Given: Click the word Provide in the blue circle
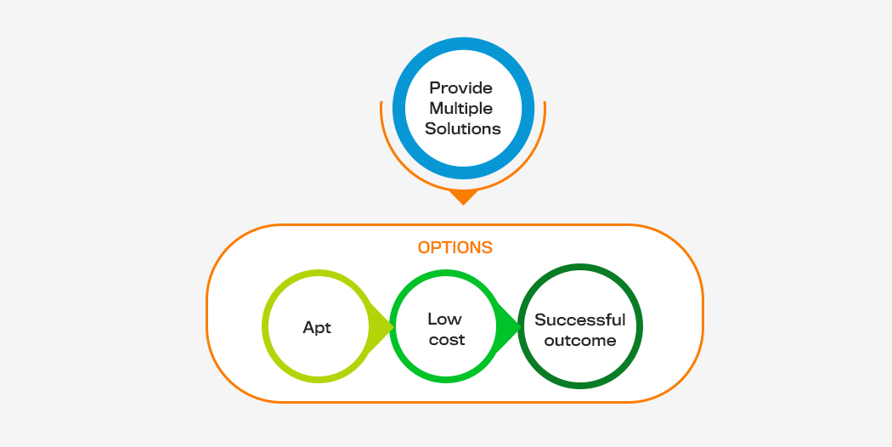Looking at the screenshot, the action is (x=460, y=88).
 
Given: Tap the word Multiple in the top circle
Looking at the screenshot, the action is (x=460, y=109).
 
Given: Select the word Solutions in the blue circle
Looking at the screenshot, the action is (x=463, y=128).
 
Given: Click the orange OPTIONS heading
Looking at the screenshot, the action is (x=455, y=247).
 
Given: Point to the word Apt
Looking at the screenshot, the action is (x=317, y=328).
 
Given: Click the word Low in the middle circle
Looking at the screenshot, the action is (x=445, y=319).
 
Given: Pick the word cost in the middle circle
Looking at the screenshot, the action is (x=447, y=340).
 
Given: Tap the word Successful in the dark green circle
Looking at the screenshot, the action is (x=579, y=320).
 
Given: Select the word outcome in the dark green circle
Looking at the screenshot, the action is (x=579, y=341).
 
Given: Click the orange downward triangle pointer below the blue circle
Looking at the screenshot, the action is (x=463, y=196).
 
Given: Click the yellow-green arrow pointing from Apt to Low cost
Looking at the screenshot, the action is (x=381, y=327).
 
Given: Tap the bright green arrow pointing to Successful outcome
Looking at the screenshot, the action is (x=509, y=327).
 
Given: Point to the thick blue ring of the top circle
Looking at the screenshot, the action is (x=463, y=42).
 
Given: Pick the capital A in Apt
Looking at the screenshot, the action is (x=309, y=327).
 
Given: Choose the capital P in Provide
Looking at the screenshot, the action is (x=435, y=88).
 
